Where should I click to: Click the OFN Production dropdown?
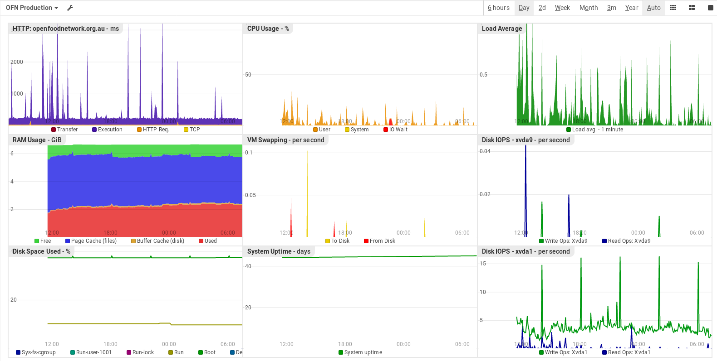coord(32,8)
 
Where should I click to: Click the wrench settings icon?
coord(70,8)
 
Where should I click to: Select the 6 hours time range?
coord(498,8)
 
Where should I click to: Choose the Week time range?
coord(562,8)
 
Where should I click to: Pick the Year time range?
coord(631,8)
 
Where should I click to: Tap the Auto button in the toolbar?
coord(653,8)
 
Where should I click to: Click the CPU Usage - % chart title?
coord(268,29)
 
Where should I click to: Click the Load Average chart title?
coord(501,29)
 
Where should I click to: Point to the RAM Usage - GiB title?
coord(37,140)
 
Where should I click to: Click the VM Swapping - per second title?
coord(285,140)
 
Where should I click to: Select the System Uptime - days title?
coord(279,251)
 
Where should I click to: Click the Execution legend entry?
coord(110,130)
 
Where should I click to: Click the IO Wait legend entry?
coord(398,130)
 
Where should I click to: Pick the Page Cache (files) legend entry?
coord(93,241)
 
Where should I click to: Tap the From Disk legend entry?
coord(382,241)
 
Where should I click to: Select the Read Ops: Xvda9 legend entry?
coord(629,241)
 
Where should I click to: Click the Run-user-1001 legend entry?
coord(93,352)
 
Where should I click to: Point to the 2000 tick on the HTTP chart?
coord(17,62)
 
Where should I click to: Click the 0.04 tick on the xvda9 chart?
coord(485,151)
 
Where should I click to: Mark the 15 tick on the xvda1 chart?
coord(483,264)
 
